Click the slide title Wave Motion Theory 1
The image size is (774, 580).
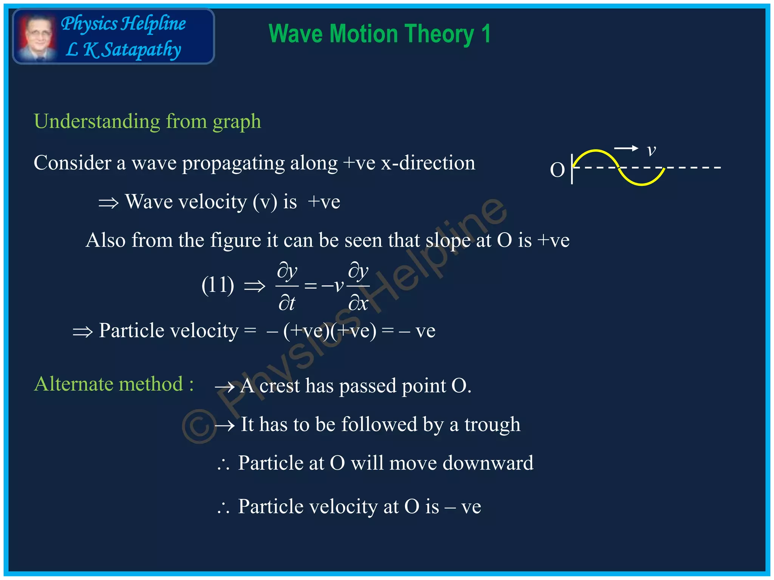379,34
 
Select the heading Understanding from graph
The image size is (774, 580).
147,122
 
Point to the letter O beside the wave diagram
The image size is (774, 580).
557,170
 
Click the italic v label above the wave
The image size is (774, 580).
651,150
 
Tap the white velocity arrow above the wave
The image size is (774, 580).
626,148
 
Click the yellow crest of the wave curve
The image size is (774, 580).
596,151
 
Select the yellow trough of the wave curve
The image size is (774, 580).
641,184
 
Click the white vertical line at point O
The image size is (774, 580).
572,169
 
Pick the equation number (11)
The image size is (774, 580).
218,285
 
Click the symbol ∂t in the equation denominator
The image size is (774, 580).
286,303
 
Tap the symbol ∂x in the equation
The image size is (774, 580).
358,303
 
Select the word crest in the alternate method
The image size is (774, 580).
280,386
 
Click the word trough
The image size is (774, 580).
492,425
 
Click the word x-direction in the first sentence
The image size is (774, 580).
428,163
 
